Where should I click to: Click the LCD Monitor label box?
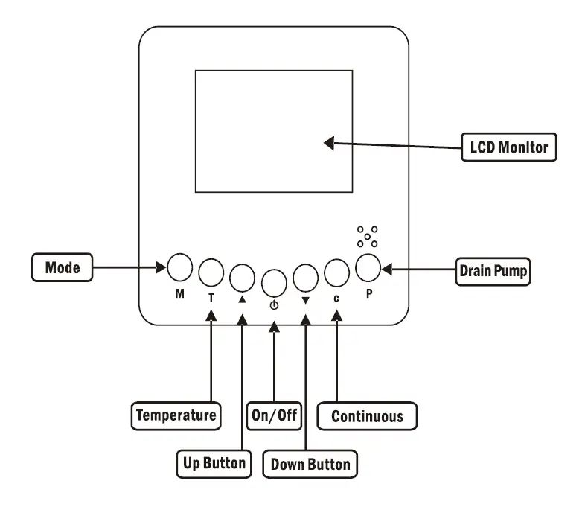coord(509,147)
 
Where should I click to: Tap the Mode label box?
coord(63,267)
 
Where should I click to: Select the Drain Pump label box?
coord(493,271)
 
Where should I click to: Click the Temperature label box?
coord(176,415)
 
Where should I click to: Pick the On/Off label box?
coord(274,415)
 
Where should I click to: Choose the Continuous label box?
coord(367,415)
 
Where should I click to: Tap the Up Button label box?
coord(214,464)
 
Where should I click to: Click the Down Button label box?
coord(310,464)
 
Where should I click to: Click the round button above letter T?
coord(211,272)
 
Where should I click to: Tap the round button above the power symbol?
coord(274,283)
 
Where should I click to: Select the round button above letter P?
coord(368,267)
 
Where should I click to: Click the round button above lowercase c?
coord(337,272)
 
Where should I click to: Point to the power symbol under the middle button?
coord(274,305)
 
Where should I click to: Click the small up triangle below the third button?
coord(242,299)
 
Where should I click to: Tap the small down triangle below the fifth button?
coord(306,300)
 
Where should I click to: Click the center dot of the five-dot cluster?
coord(368,237)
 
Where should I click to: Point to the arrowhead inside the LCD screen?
coord(329,143)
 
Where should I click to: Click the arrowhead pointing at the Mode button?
coord(162,267)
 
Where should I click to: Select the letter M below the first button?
coord(180,293)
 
